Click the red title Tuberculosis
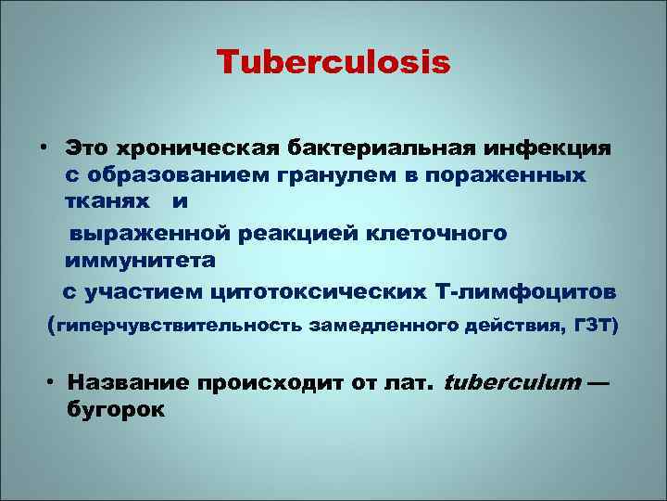pyautogui.click(x=333, y=62)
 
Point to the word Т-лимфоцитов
pyautogui.click(x=523, y=292)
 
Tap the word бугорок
pyautogui.click(x=115, y=409)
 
